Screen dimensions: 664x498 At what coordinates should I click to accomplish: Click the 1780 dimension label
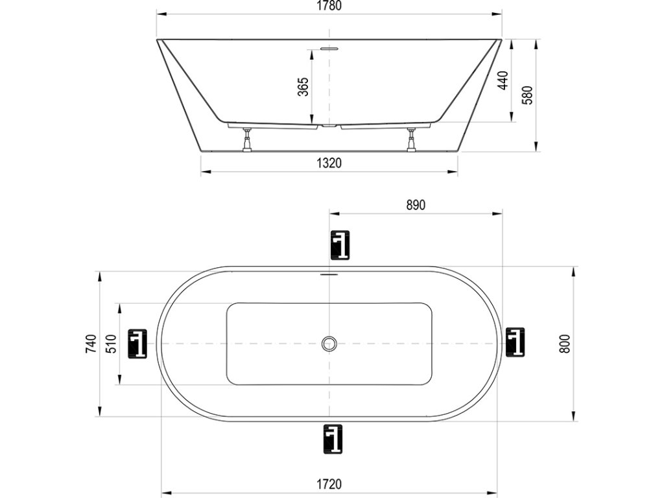329,6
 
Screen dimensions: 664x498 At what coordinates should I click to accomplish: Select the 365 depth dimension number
303,87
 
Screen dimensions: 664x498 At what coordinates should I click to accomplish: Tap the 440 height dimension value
503,80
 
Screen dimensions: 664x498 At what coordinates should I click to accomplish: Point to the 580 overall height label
527,95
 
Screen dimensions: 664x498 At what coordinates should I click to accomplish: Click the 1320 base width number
329,163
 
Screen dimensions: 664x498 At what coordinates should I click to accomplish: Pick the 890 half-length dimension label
416,205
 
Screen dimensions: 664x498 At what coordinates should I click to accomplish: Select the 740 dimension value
91,344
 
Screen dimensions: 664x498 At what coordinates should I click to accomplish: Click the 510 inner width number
110,344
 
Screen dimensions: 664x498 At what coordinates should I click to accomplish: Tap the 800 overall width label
565,344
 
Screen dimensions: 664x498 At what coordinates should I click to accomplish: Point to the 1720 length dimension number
329,484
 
